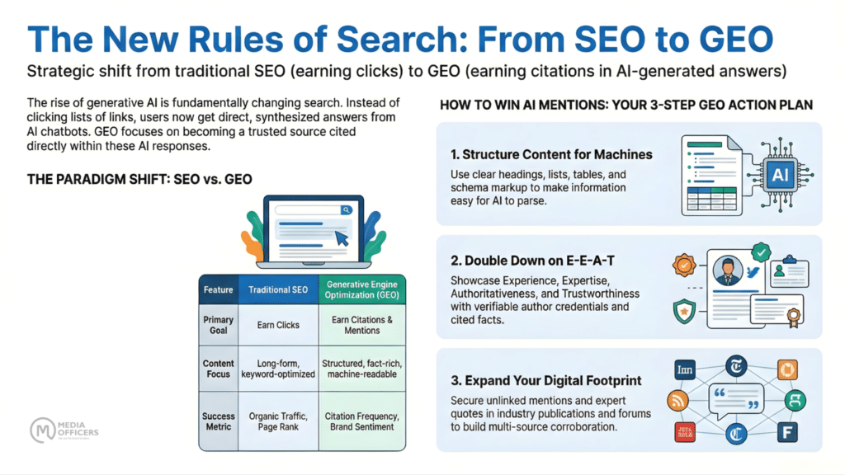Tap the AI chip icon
coord(779,174)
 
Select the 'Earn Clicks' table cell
coord(278,325)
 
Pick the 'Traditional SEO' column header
coord(278,289)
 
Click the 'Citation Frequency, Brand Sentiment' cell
coord(363,422)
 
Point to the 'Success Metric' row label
coord(219,422)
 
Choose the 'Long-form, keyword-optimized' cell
coord(278,369)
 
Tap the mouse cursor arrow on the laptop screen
coord(340,238)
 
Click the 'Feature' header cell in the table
coord(219,289)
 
